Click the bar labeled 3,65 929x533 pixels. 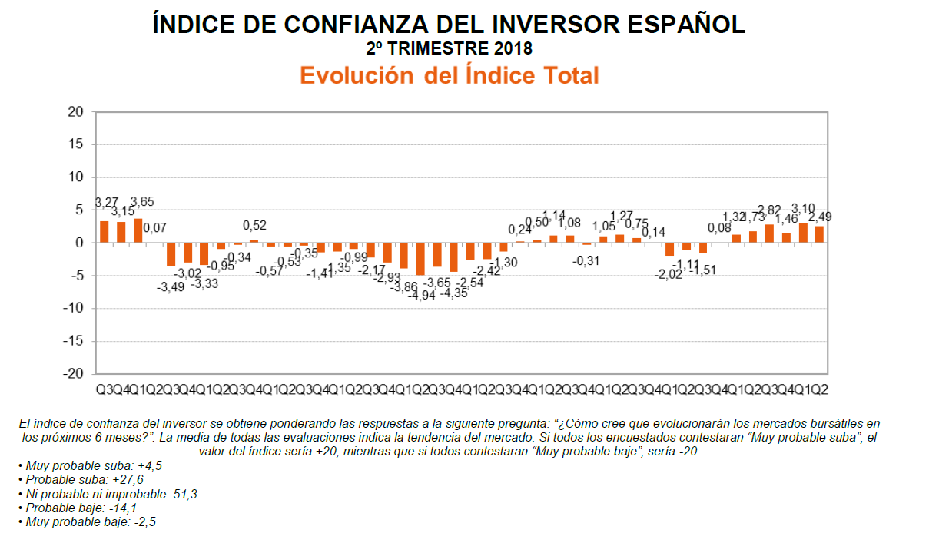[x=138, y=230]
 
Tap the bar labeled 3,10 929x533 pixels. [x=803, y=233]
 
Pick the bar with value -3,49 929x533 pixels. [x=171, y=254]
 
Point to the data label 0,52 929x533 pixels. [x=254, y=226]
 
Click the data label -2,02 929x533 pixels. [x=669, y=275]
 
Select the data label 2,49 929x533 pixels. [x=821, y=217]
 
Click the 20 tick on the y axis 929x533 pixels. [x=76, y=111]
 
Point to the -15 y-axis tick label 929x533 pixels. [x=73, y=341]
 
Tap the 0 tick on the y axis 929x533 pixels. [x=80, y=243]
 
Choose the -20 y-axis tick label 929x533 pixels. [x=73, y=374]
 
